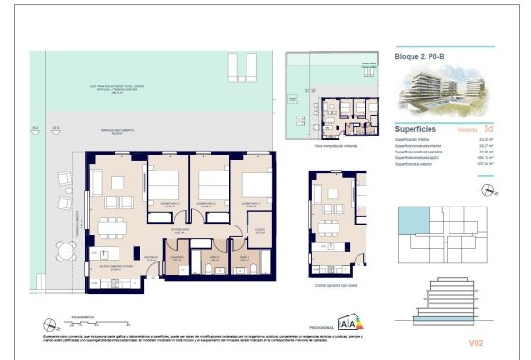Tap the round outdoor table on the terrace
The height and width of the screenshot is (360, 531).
pos(64,251)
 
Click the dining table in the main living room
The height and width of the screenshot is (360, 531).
pos(107,225)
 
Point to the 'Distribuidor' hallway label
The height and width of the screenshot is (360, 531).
pos(182,228)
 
